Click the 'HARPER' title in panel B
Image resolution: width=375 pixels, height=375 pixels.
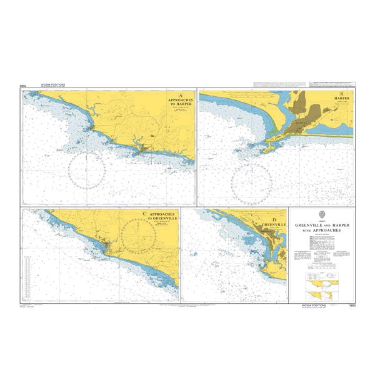[x=342, y=99]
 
